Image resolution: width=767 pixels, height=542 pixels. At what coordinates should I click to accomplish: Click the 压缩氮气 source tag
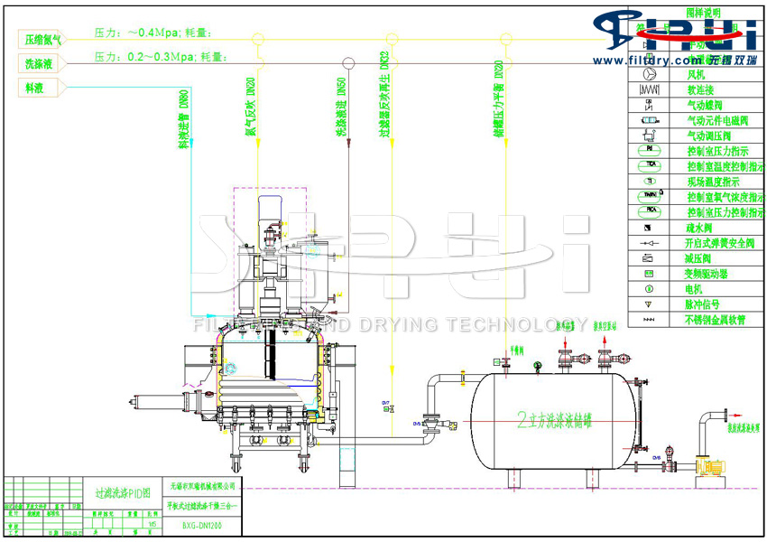point(43,39)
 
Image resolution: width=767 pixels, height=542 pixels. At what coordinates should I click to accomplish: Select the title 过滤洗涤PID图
point(120,494)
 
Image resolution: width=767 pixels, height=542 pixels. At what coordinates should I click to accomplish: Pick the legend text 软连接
point(701,90)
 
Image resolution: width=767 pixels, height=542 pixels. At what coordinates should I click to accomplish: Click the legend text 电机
point(698,289)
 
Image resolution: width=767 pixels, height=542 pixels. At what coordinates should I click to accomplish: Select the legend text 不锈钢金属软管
point(717,320)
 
